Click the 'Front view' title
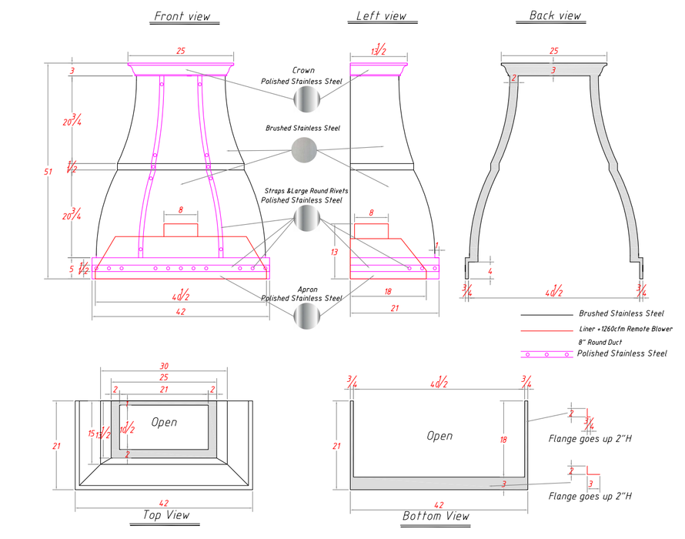click(182, 16)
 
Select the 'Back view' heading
click(555, 15)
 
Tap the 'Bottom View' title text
click(435, 516)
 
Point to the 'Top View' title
click(166, 515)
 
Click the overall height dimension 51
click(48, 172)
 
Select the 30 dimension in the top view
click(163, 367)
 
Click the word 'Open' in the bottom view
click(439, 436)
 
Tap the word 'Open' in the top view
click(164, 422)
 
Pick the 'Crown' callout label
click(303, 70)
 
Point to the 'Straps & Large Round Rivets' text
click(306, 190)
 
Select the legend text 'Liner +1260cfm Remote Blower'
click(625, 329)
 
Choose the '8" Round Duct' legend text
click(600, 342)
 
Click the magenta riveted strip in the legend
click(546, 354)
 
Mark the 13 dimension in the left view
click(335, 252)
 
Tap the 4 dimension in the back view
click(490, 271)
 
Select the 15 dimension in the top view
click(90, 434)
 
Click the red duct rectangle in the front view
click(181, 229)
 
